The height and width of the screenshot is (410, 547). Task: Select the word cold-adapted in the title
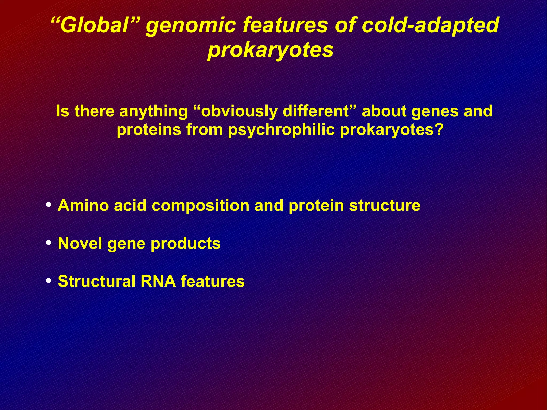430,26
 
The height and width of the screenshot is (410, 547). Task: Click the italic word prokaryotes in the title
270,50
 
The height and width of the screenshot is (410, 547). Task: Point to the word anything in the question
154,111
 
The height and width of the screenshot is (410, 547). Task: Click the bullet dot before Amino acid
49,205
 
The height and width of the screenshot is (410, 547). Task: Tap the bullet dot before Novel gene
49,243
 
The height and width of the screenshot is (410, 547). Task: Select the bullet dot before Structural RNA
49,281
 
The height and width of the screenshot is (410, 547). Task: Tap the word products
185,244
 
